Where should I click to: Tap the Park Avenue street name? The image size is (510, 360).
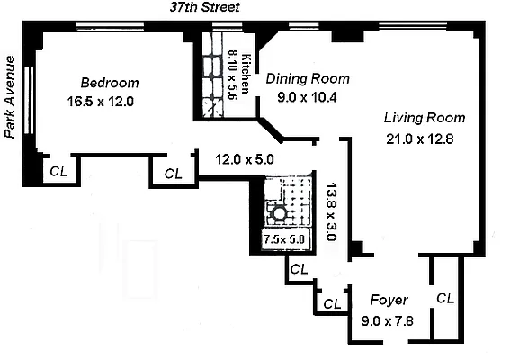pyautogui.click(x=12, y=96)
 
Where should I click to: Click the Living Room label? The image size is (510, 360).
pyautogui.click(x=424, y=117)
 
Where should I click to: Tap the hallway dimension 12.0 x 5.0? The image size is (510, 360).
pyautogui.click(x=244, y=159)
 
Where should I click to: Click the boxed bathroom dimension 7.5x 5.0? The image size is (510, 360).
pyautogui.click(x=283, y=239)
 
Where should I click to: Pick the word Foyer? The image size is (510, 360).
pyautogui.click(x=389, y=300)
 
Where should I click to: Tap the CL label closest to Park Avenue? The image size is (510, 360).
pyautogui.click(x=58, y=169)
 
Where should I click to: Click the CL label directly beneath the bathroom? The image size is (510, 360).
pyautogui.click(x=299, y=268)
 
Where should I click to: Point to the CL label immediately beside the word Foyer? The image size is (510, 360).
pyautogui.click(x=332, y=303)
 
